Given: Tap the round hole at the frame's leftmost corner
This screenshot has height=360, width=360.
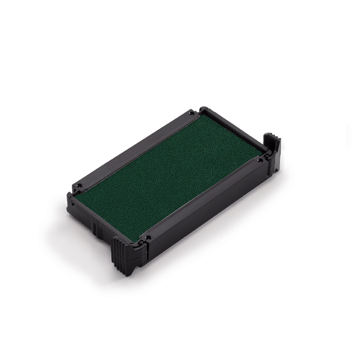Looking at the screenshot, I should pos(80,186).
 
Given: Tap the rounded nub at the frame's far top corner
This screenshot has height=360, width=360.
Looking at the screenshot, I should pos(203,108).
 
